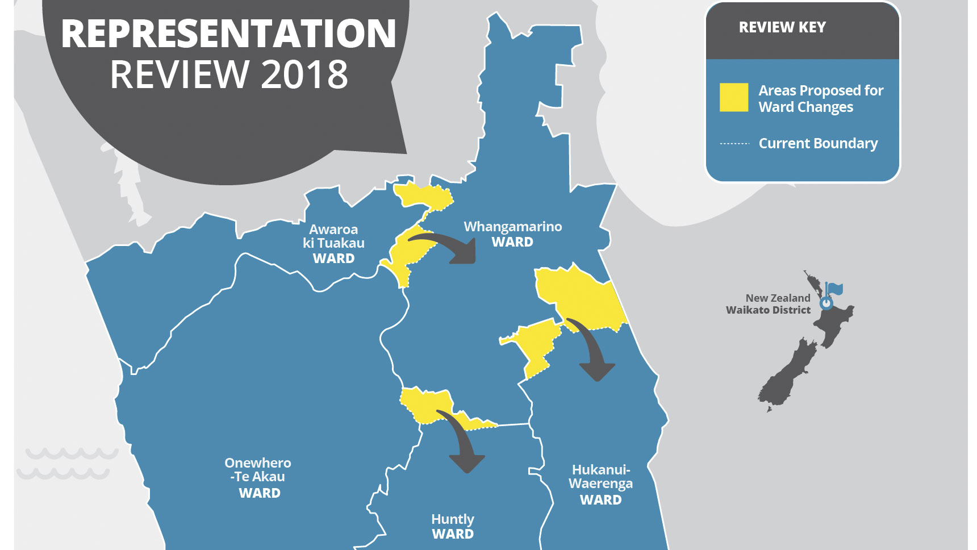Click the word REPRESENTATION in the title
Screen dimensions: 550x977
coord(228,34)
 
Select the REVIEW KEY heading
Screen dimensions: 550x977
coord(782,27)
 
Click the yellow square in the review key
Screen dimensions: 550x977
coord(733,97)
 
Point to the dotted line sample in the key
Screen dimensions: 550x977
coord(734,144)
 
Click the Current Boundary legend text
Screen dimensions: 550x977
coord(818,144)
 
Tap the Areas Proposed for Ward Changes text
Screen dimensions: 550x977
coord(820,99)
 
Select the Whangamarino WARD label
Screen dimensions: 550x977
coord(512,234)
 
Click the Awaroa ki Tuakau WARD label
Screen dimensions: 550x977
coord(333,244)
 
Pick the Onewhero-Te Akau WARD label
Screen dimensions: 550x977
coord(258,478)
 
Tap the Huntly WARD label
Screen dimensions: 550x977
coord(453,526)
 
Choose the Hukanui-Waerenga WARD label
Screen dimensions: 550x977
coord(600,485)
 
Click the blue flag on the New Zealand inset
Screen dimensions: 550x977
coord(833,289)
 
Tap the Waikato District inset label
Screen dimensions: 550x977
coord(768,310)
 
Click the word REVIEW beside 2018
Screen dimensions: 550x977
coord(179,74)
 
